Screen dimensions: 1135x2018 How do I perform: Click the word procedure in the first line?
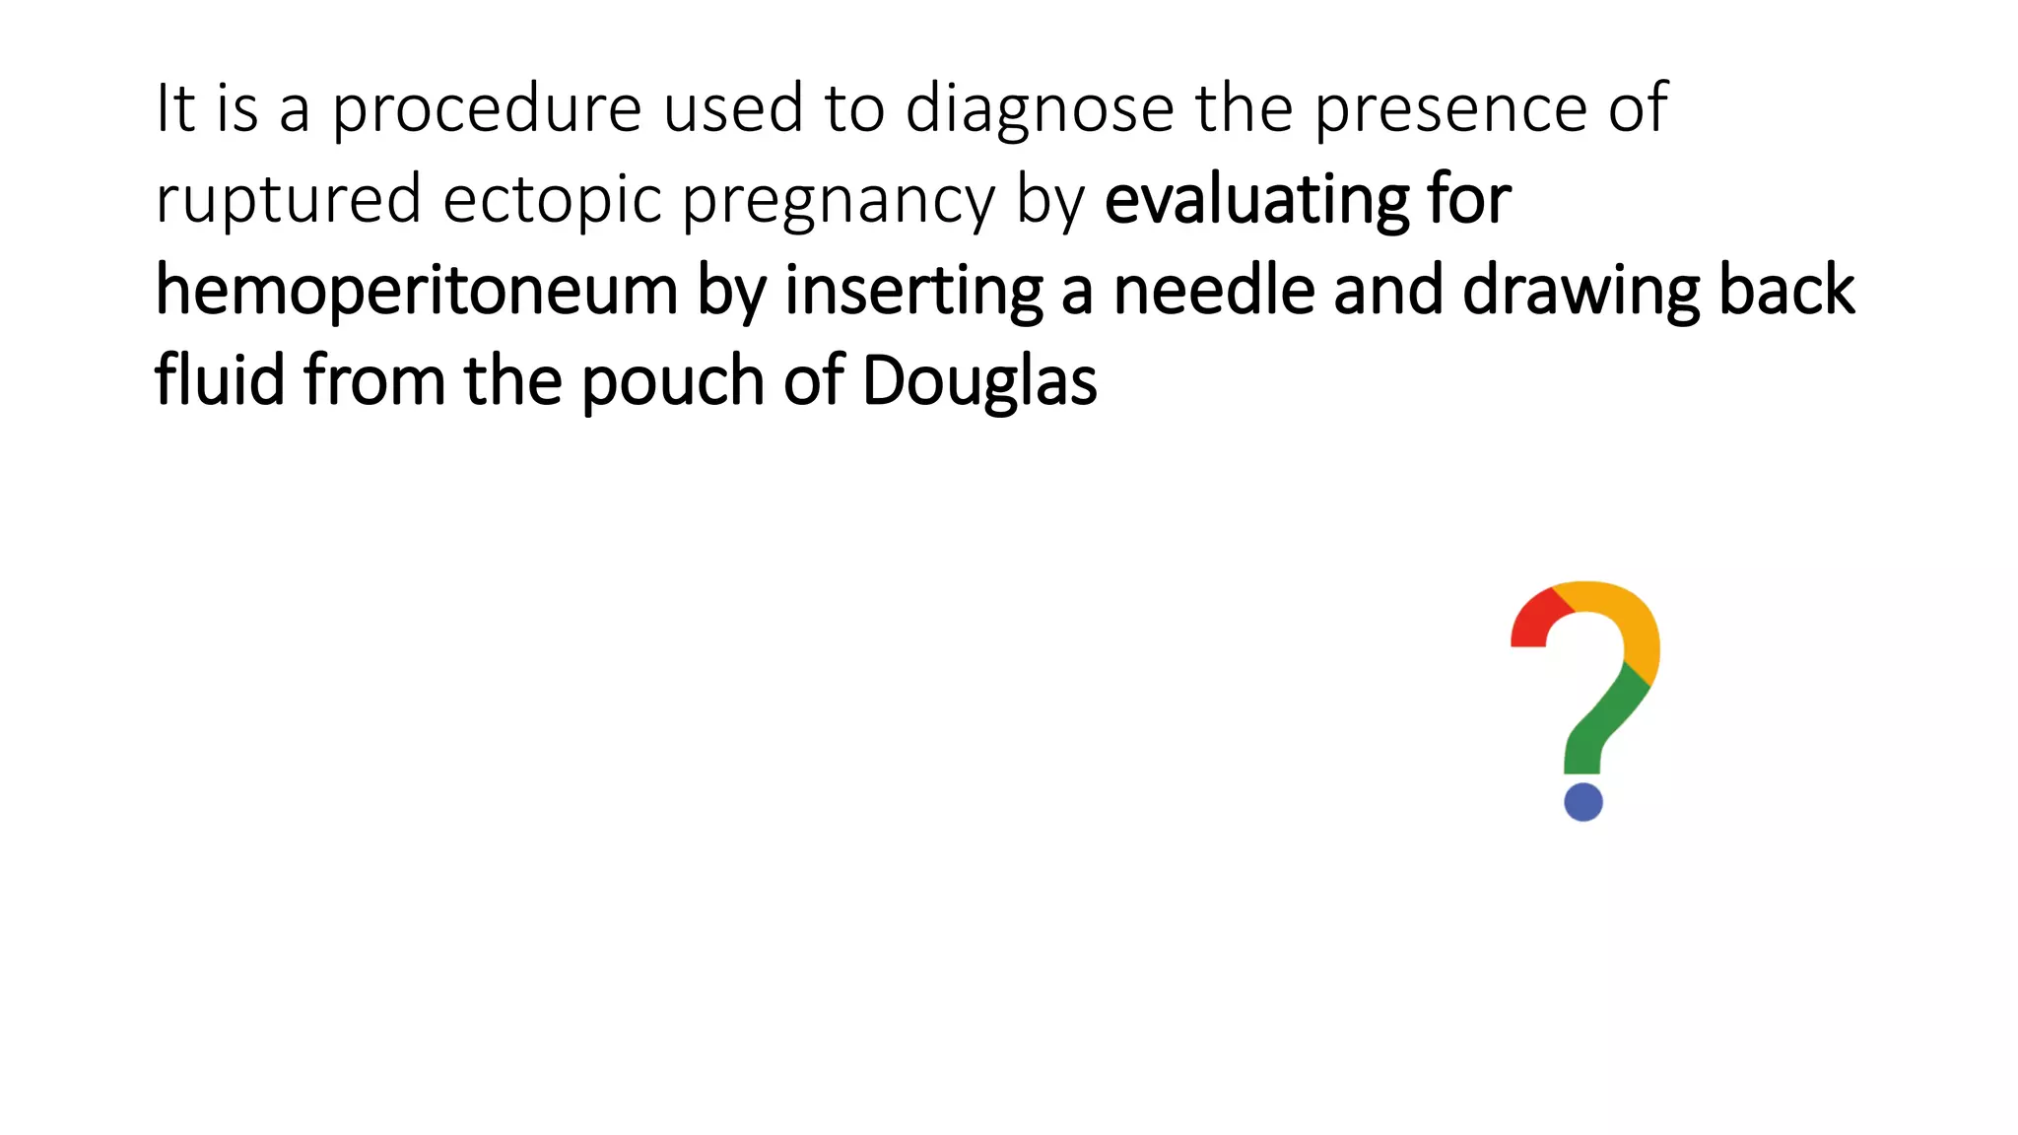(486, 110)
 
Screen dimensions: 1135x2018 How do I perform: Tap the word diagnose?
(1040, 110)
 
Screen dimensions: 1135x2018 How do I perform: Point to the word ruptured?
(289, 201)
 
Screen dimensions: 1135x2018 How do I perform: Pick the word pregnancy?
(839, 201)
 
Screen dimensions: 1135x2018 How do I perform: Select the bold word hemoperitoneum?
(416, 292)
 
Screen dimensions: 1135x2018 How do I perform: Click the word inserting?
(913, 292)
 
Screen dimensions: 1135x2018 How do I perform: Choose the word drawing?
(1581, 292)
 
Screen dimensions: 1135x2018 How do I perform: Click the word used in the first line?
(732, 110)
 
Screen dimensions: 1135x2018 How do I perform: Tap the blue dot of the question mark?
(1583, 802)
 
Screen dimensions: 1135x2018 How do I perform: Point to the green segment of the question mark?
(1601, 724)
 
